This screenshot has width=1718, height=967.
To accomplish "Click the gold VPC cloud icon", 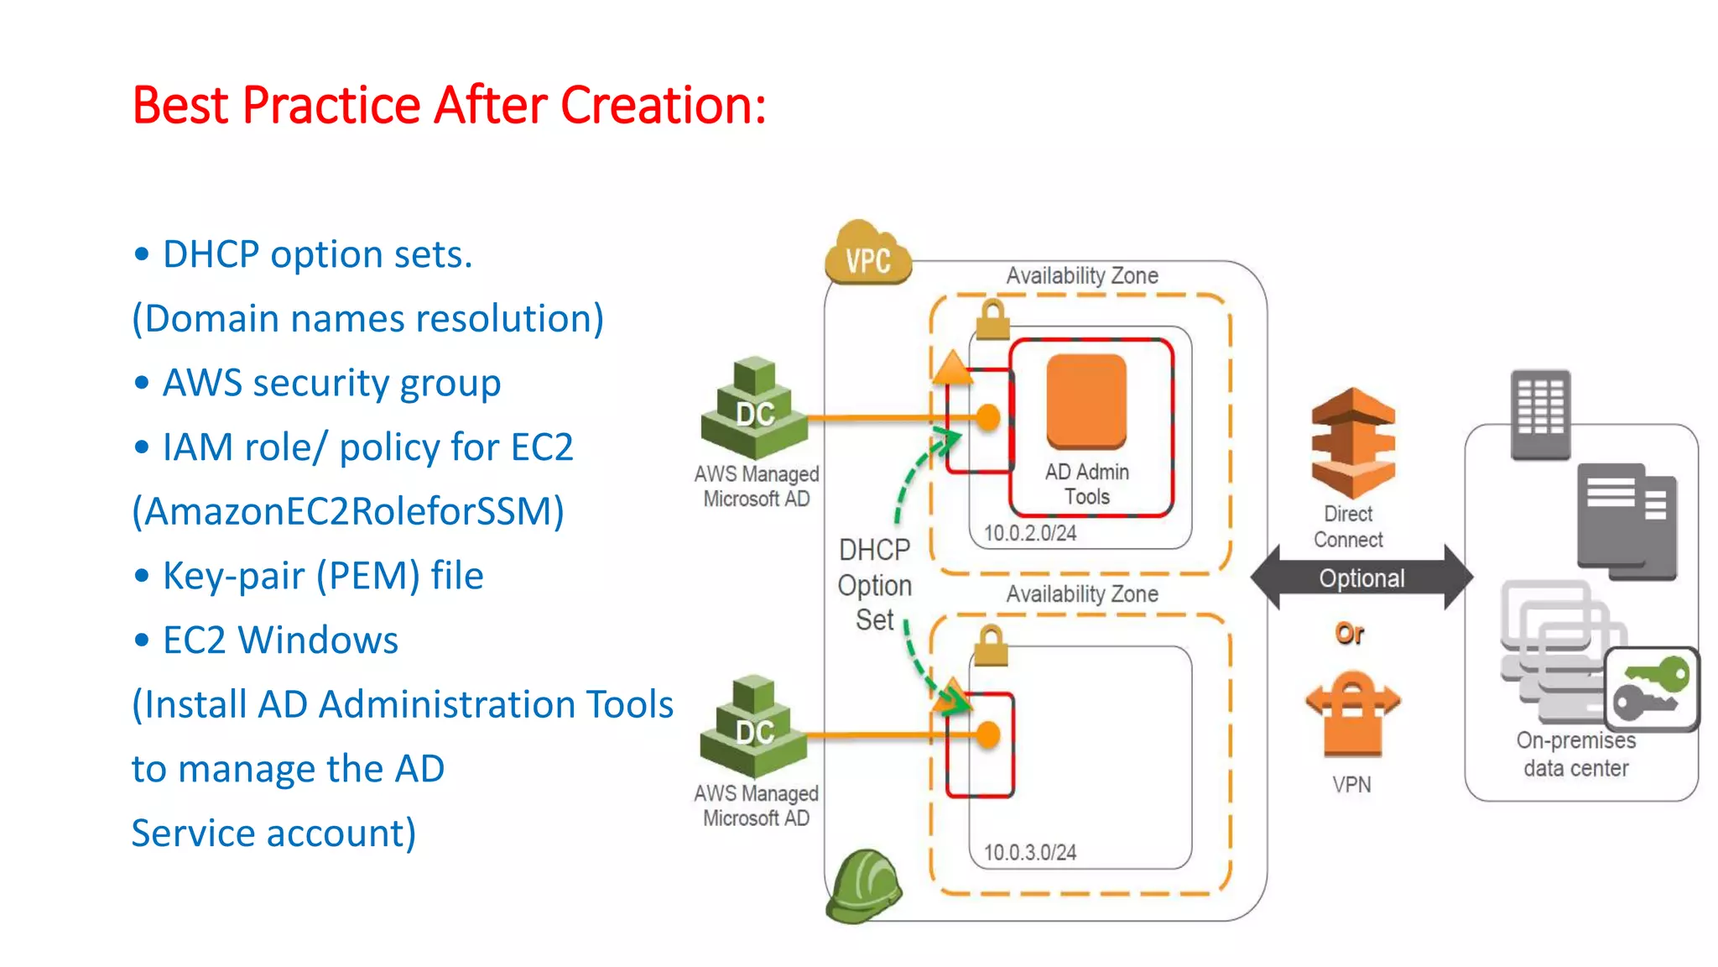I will tap(867, 254).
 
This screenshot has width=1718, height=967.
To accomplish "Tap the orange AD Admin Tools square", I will tap(1086, 401).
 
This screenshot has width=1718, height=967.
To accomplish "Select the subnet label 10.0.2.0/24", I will tap(1029, 533).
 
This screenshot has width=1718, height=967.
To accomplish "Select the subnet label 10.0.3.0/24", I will tap(1029, 852).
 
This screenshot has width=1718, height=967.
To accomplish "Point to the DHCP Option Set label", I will tap(874, 585).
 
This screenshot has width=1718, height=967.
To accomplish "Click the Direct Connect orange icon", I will tap(1352, 442).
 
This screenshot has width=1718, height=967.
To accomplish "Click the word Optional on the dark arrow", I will tap(1361, 578).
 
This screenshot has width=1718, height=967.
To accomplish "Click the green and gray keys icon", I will tap(1651, 688).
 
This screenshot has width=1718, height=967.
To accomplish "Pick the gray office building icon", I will tap(1540, 415).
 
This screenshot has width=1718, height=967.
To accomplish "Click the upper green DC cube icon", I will tap(754, 409).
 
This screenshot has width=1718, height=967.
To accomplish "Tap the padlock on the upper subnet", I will tap(992, 320).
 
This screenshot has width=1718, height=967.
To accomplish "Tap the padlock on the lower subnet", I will tap(991, 646).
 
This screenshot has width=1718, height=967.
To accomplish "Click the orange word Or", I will tap(1349, 633).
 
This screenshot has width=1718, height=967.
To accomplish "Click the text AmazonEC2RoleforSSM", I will tap(348, 511).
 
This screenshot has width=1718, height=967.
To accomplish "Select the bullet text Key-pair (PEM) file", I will tap(323, 576).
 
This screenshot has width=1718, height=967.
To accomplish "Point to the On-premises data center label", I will tap(1575, 754).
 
